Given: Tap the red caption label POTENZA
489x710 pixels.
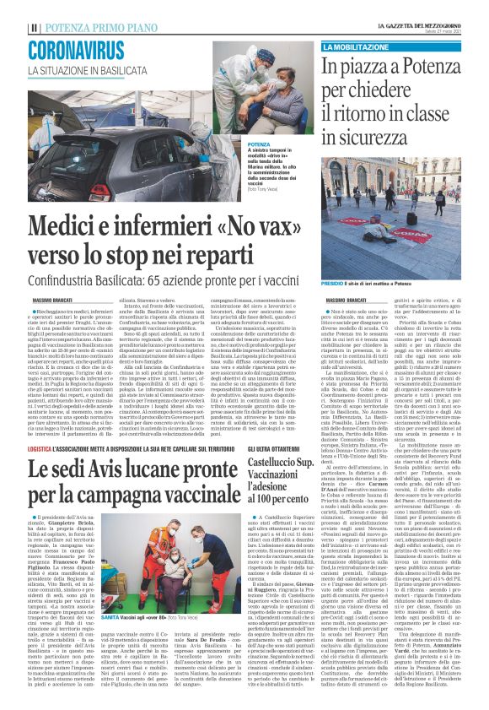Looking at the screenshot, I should tap(237, 145).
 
